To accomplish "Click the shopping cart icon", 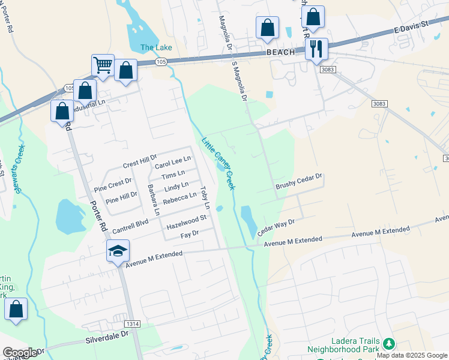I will pyautogui.click(x=103, y=65).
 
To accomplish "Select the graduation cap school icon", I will pyautogui.click(x=118, y=251).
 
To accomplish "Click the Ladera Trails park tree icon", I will pyautogui.click(x=389, y=344).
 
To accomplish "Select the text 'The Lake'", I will pyautogui.click(x=156, y=47).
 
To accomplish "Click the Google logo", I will pyautogui.click(x=19, y=353).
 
